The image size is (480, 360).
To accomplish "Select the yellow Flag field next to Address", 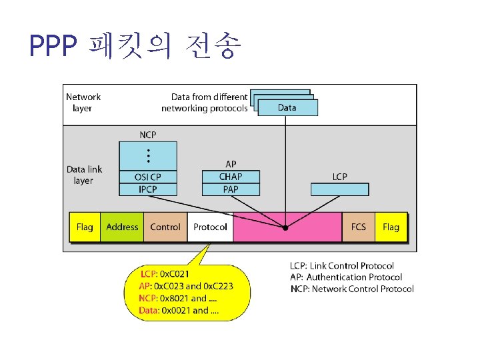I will [x=85, y=227].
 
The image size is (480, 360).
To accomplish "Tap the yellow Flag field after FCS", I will [x=391, y=227].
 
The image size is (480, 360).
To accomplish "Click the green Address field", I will [x=122, y=227].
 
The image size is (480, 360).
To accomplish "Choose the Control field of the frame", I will [x=165, y=227].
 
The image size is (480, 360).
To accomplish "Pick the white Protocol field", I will [x=210, y=227].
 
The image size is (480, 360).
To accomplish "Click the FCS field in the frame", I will [x=359, y=227].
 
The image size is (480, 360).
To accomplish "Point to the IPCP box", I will [x=148, y=189].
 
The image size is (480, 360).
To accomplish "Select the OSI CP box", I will [x=148, y=177].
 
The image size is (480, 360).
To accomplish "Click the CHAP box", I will [x=231, y=177].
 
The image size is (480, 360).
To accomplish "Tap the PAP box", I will [x=231, y=189].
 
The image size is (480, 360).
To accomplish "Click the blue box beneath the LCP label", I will [x=339, y=189].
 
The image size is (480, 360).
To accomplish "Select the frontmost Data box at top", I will [x=287, y=107].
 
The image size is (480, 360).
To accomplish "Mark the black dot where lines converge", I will [x=285, y=227].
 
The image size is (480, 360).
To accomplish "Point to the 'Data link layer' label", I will [x=84, y=175].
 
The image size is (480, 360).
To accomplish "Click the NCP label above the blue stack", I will [x=148, y=135].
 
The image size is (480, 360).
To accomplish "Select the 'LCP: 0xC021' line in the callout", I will [x=165, y=274].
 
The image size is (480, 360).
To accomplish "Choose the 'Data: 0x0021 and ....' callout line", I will [x=179, y=310].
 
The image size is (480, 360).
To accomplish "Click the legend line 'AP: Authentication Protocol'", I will [x=346, y=277].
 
